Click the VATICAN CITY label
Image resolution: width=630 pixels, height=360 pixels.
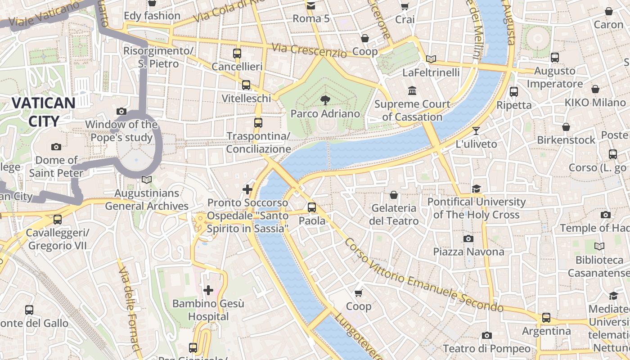(44, 112)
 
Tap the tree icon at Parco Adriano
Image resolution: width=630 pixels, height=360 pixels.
(325, 100)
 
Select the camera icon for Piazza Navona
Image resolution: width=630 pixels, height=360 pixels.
(468, 238)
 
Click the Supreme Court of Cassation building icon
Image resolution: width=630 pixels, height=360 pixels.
(412, 91)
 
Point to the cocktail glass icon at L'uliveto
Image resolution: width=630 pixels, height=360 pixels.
(476, 131)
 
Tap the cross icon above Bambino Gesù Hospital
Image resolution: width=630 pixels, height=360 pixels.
(208, 290)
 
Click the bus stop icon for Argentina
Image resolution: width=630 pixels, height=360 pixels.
(546, 318)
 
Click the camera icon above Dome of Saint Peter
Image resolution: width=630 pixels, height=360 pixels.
(56, 147)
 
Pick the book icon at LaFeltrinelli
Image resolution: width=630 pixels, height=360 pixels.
(431, 59)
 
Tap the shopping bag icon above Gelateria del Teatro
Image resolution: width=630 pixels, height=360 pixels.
(394, 195)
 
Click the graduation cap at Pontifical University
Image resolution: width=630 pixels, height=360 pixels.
(477, 189)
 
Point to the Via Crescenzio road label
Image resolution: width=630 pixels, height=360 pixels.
(309, 50)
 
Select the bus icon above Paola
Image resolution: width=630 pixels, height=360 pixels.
(312, 207)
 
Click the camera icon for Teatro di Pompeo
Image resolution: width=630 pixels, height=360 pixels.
(486, 335)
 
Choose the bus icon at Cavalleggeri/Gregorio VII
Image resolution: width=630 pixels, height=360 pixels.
(58, 220)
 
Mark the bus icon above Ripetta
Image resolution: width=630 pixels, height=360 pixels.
(513, 92)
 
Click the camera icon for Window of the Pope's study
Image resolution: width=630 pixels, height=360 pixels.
(121, 111)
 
